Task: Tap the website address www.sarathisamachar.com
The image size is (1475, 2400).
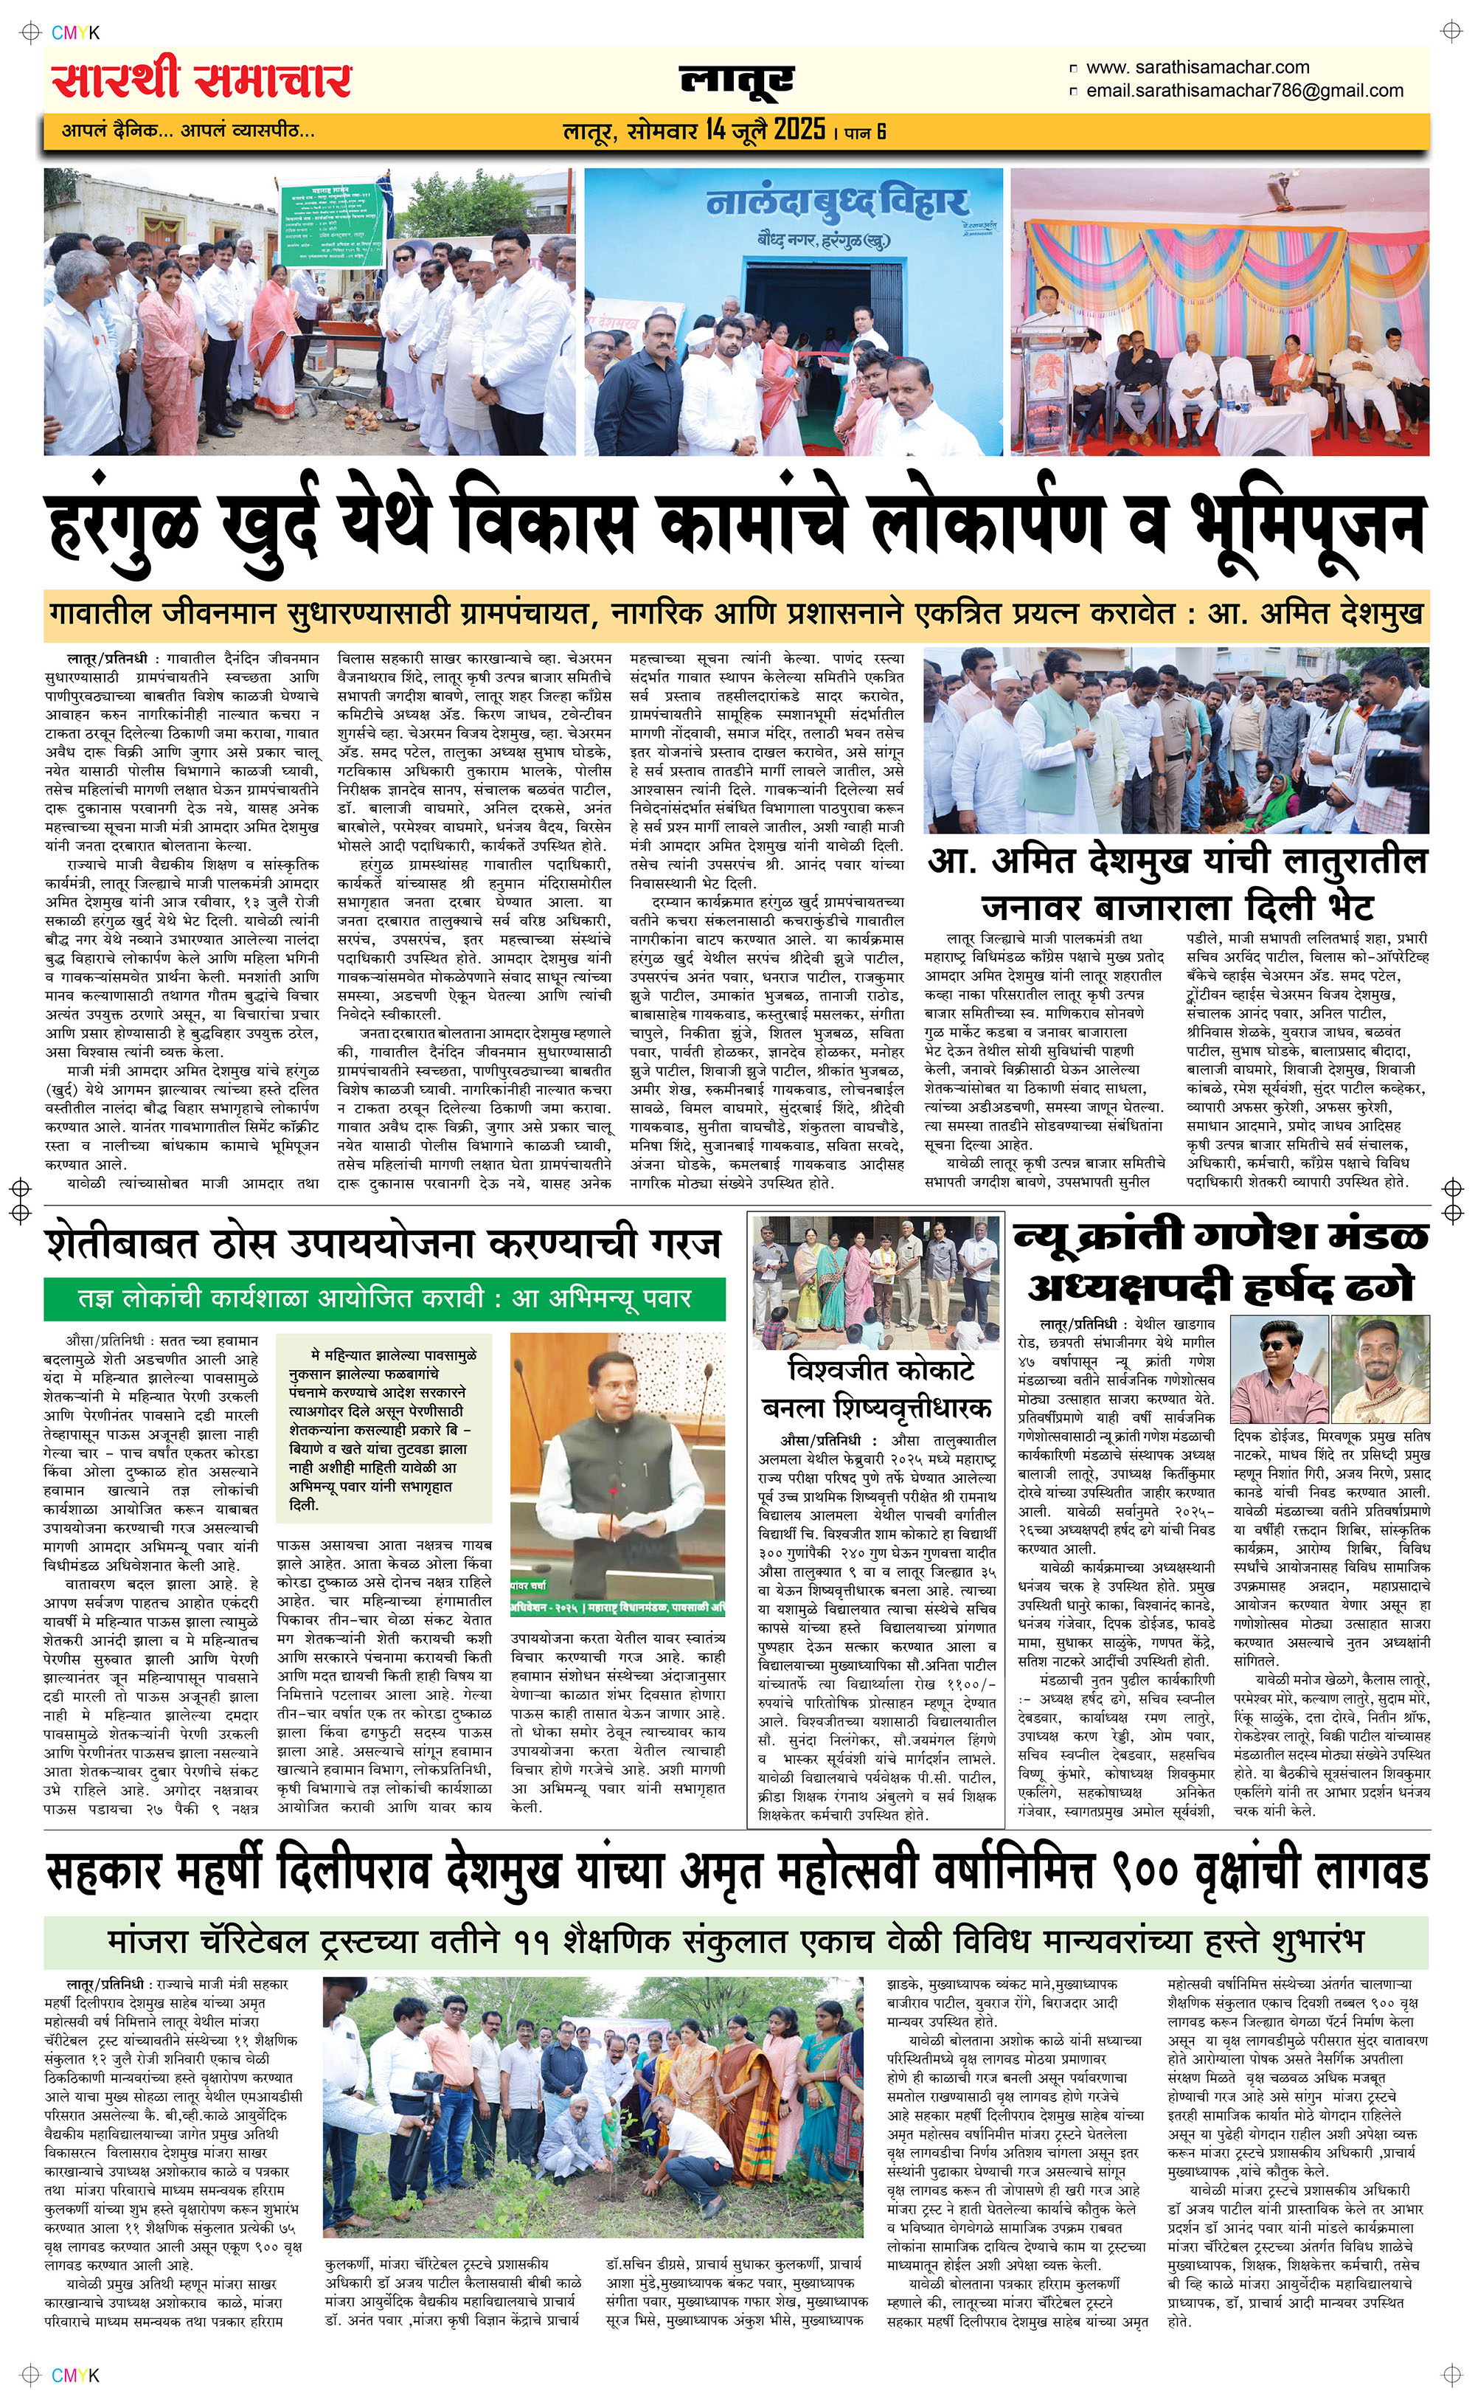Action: tap(1197, 67)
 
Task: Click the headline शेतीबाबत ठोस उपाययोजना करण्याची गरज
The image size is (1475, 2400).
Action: tap(383, 1245)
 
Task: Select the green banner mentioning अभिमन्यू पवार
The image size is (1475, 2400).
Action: tap(384, 1298)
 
